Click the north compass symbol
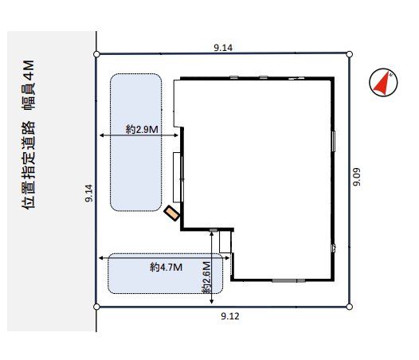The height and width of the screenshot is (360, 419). (x=383, y=82)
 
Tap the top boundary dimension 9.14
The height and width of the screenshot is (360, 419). (x=223, y=48)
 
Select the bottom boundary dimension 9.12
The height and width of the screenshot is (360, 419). (x=230, y=316)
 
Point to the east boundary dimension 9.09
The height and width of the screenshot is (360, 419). (x=357, y=177)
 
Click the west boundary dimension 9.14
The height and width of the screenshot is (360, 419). (x=89, y=193)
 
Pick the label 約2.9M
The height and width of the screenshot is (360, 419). (x=142, y=130)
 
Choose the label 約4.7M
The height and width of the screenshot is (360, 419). (x=166, y=267)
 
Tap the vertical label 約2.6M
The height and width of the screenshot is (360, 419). (x=206, y=277)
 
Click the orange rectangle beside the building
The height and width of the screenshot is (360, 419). (x=172, y=213)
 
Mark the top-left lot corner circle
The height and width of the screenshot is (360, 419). (x=96, y=54)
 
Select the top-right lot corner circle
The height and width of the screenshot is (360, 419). (x=349, y=54)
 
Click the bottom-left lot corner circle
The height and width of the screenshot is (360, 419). (x=96, y=307)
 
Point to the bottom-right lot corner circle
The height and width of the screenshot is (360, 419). (x=349, y=307)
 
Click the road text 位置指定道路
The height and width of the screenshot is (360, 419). (x=28, y=165)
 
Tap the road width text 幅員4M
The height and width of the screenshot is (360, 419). (x=28, y=84)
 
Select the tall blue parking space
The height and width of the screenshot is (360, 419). (x=135, y=143)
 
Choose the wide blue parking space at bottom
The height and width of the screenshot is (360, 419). (x=166, y=273)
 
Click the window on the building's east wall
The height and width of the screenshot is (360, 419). (x=334, y=141)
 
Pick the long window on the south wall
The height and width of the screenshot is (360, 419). (x=288, y=280)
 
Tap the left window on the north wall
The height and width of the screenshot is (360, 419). (x=234, y=77)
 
